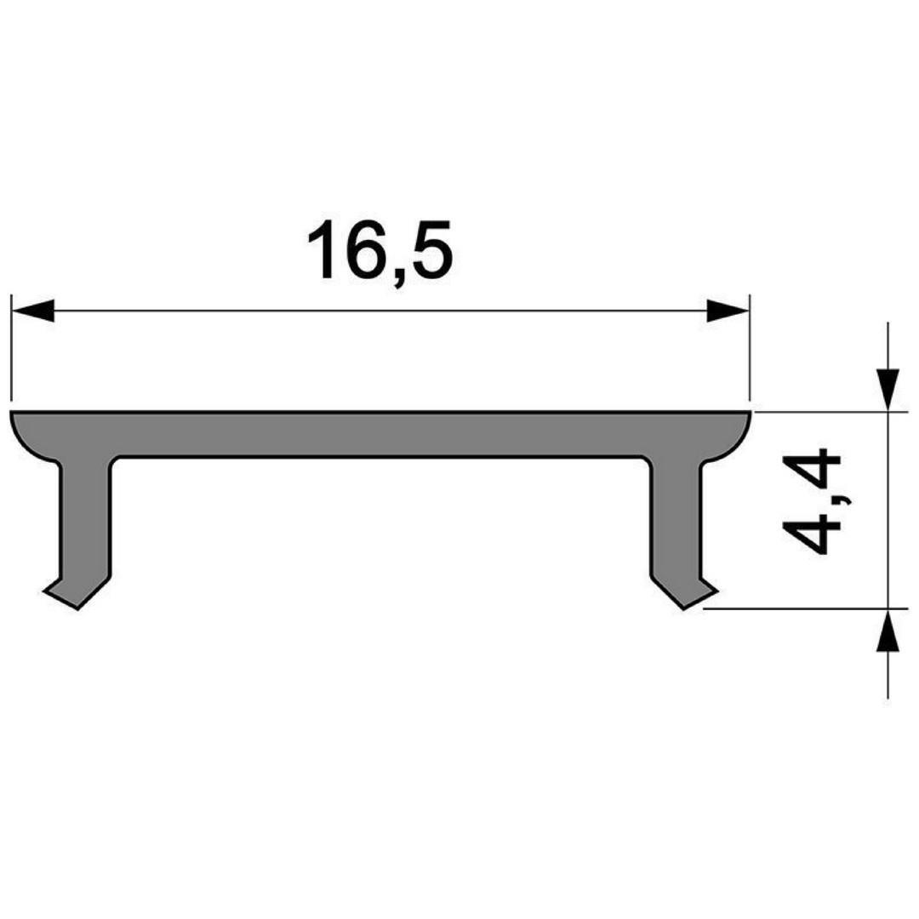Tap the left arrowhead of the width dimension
[x=33, y=311]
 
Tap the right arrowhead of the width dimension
[x=728, y=311]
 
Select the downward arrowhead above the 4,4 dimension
[x=888, y=389]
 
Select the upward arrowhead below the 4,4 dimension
[x=888, y=631]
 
